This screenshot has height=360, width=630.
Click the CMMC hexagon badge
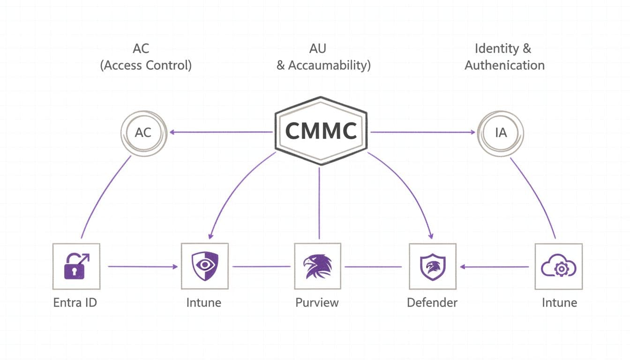pyautogui.click(x=321, y=131)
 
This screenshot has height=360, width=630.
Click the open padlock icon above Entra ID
pyautogui.click(x=76, y=266)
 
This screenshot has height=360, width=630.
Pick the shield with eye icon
pyautogui.click(x=205, y=266)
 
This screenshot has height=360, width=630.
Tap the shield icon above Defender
pyautogui.click(x=433, y=267)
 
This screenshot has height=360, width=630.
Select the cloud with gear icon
pyautogui.click(x=559, y=266)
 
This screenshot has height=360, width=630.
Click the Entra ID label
pyautogui.click(x=75, y=303)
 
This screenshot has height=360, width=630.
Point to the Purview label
pyautogui.click(x=317, y=303)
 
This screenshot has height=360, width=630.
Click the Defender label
pyautogui.click(x=432, y=303)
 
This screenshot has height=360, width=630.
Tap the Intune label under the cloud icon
pyautogui.click(x=559, y=303)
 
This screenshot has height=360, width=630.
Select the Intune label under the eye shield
pyautogui.click(x=203, y=303)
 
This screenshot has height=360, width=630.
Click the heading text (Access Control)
pyautogui.click(x=146, y=65)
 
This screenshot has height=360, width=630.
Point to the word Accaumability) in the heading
pyautogui.click(x=330, y=65)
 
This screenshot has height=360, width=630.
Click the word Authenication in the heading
pyautogui.click(x=504, y=65)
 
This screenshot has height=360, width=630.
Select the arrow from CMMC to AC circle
pyautogui.click(x=221, y=132)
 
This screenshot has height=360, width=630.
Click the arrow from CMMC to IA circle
pyautogui.click(x=423, y=132)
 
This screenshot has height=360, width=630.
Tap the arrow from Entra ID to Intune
pyautogui.click(x=143, y=266)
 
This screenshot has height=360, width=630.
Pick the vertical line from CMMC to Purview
pyautogui.click(x=319, y=203)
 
